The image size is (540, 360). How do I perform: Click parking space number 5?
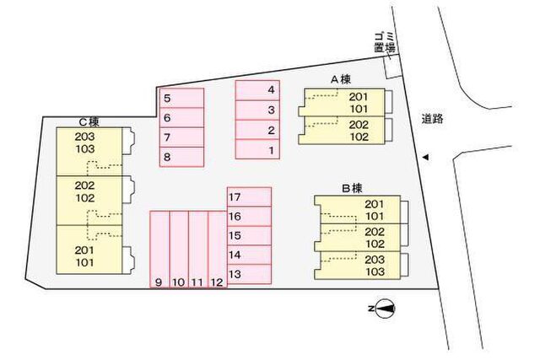(182, 98)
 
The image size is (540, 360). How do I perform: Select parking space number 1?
(257, 149)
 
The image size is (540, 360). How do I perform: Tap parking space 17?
(250, 197)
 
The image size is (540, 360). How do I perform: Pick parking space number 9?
(159, 250)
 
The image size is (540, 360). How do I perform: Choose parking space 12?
(218, 250)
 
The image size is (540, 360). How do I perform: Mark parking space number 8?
(182, 157)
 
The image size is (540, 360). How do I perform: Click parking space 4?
(257, 90)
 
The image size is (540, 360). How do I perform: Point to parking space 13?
(250, 274)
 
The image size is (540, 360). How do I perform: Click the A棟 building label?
(341, 80)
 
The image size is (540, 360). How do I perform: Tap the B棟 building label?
(352, 189)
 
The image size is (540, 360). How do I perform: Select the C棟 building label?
(89, 122)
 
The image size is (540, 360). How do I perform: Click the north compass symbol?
(385, 309)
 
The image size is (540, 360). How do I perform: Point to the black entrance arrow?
(425, 158)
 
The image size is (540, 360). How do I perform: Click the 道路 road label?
(433, 119)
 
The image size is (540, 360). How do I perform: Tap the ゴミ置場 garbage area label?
(385, 42)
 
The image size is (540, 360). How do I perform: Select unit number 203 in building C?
(84, 137)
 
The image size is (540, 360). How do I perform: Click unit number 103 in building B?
(375, 271)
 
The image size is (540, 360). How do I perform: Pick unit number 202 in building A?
(359, 125)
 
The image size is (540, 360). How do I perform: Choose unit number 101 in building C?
(84, 262)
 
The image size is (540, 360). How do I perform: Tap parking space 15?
(250, 236)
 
